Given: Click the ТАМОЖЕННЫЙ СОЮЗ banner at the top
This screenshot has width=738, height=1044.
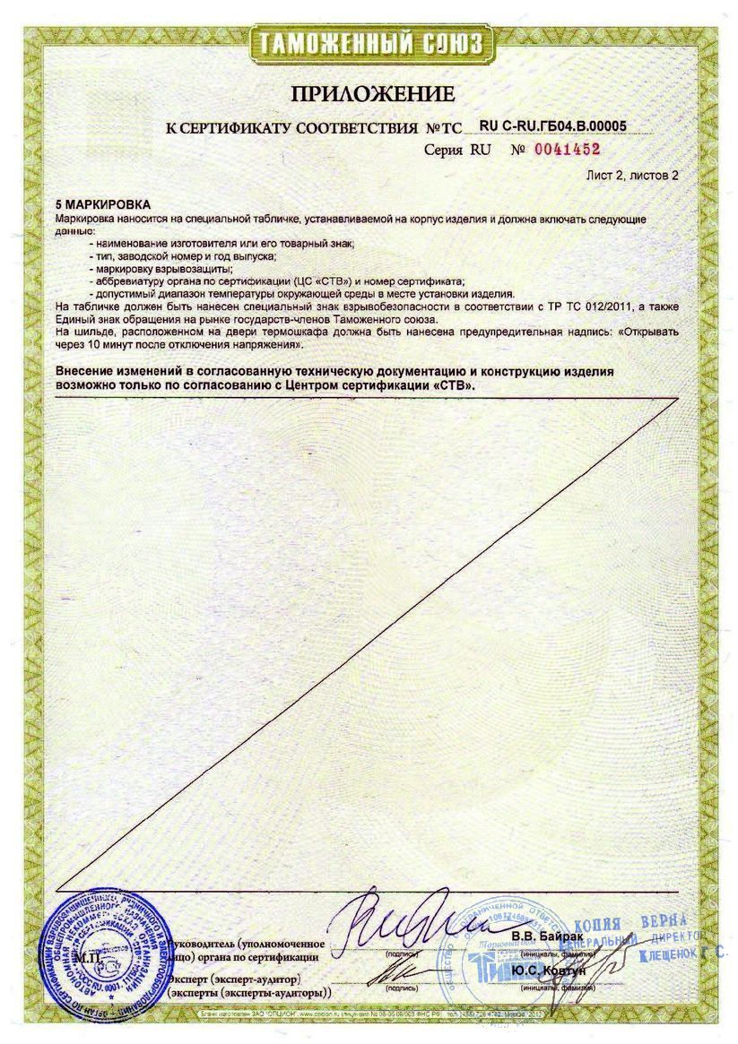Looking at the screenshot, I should point(369,43).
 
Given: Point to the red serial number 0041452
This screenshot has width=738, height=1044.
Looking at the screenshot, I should point(567,150).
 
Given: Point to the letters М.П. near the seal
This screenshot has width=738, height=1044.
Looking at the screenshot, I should point(89,958).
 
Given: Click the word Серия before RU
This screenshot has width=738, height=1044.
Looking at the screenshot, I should point(444,151).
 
